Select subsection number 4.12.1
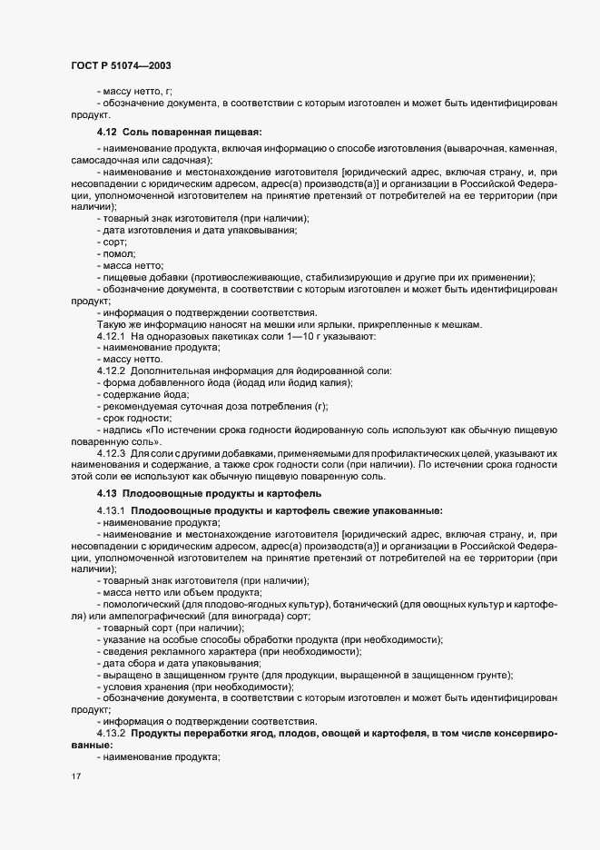pyautogui.click(x=111, y=337)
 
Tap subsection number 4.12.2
pyautogui.click(x=111, y=371)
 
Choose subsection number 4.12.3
pyautogui.click(x=111, y=451)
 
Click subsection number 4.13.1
pyautogui.click(x=111, y=511)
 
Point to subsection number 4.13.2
pyautogui.click(x=111, y=732)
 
